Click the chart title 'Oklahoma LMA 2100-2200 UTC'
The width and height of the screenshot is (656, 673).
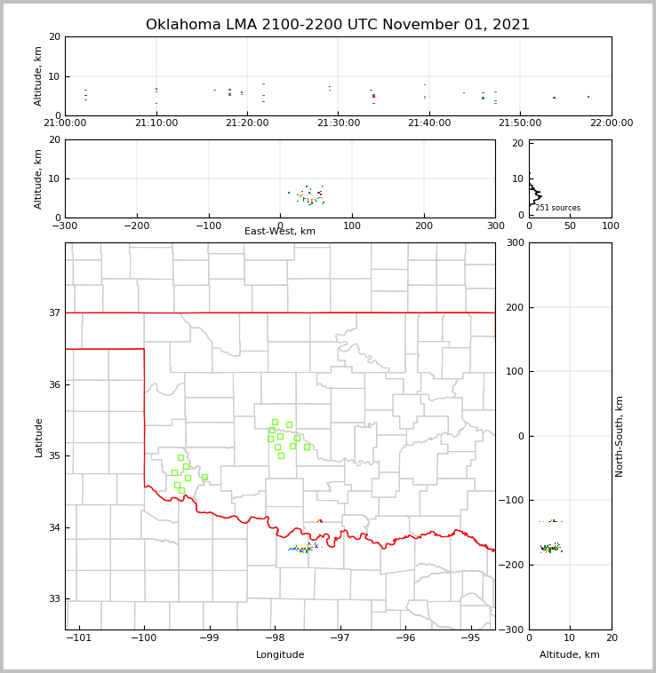[337, 25]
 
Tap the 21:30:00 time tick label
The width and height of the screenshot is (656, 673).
[338, 123]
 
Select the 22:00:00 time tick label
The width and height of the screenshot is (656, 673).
[611, 123]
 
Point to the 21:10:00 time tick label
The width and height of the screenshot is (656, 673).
[156, 123]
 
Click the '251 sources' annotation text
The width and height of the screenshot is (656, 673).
[557, 208]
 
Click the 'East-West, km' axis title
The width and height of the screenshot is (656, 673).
[280, 232]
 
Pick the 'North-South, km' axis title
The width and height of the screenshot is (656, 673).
[620, 436]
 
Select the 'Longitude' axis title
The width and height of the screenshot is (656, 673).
[280, 655]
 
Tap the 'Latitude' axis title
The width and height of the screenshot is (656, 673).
[38, 437]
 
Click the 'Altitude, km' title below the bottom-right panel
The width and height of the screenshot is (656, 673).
[570, 655]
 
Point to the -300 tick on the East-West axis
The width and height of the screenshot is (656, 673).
[65, 226]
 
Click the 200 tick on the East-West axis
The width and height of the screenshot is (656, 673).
[424, 226]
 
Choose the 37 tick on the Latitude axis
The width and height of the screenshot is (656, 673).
[54, 313]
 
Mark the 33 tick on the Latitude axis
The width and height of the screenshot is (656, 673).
[54, 599]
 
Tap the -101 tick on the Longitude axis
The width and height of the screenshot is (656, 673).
[79, 638]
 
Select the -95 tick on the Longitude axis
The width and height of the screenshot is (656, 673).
[470, 638]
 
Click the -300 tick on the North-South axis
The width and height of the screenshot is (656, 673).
[516, 629]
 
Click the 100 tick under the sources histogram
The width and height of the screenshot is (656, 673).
[611, 226]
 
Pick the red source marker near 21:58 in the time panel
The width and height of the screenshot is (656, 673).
[588, 97]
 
